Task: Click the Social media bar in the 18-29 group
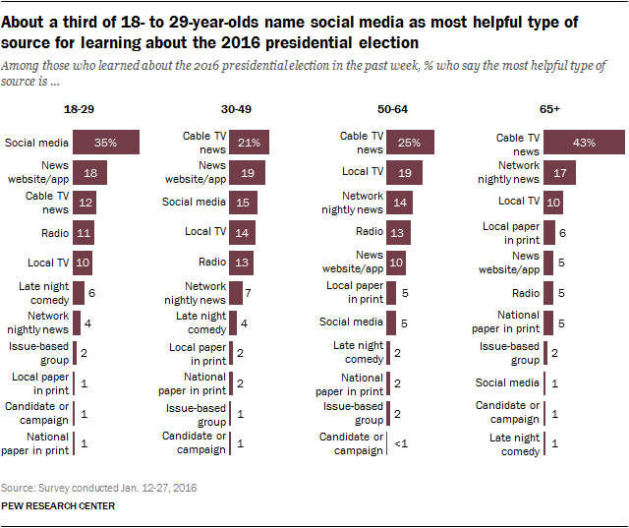106,143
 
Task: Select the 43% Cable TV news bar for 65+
585,144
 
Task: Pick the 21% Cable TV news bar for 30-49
250,144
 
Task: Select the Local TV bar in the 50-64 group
404,173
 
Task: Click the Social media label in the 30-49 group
195,203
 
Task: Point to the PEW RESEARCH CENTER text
58,505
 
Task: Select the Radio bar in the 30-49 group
243,262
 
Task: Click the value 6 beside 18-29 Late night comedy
91,292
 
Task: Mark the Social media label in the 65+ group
508,382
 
